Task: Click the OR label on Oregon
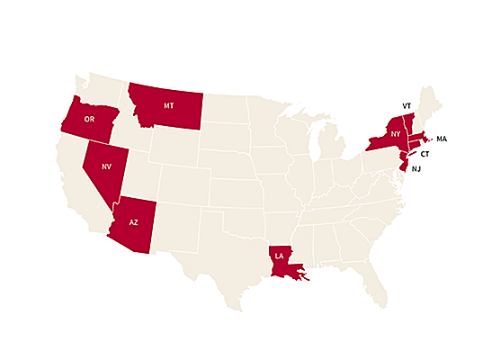(89, 119)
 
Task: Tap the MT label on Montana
(168, 105)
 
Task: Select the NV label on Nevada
(105, 166)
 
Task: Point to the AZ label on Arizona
(134, 221)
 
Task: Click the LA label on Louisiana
(279, 256)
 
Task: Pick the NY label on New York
(394, 134)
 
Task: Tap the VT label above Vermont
(407, 104)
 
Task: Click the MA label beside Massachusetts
(442, 139)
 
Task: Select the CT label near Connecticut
(425, 154)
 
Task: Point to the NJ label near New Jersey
(416, 168)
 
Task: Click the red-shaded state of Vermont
(408, 121)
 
